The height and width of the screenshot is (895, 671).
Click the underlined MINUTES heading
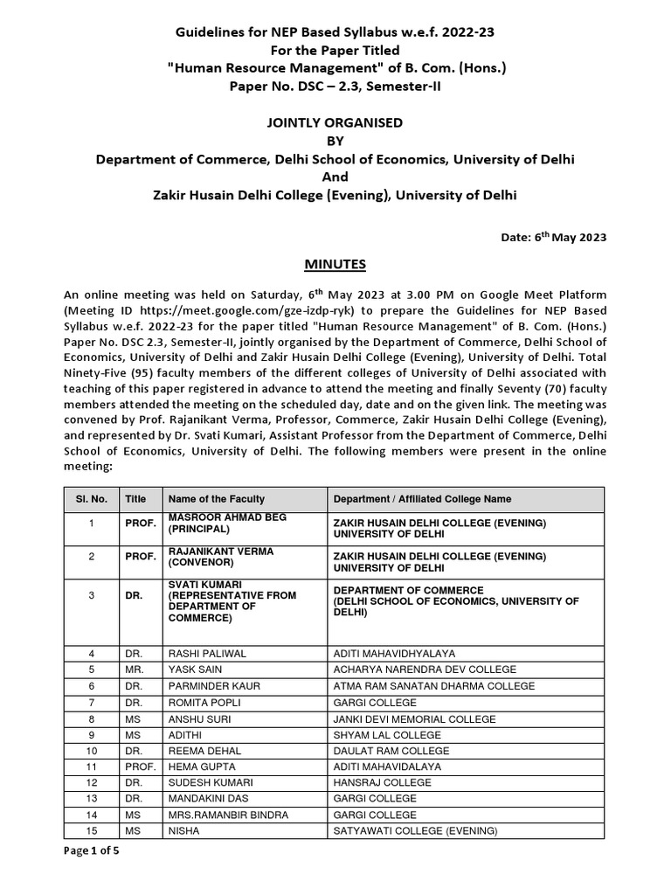click(335, 263)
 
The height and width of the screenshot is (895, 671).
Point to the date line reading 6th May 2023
click(558, 237)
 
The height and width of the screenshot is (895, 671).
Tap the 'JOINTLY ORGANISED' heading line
click(335, 123)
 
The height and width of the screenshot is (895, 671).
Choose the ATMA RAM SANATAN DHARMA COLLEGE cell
click(427, 686)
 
